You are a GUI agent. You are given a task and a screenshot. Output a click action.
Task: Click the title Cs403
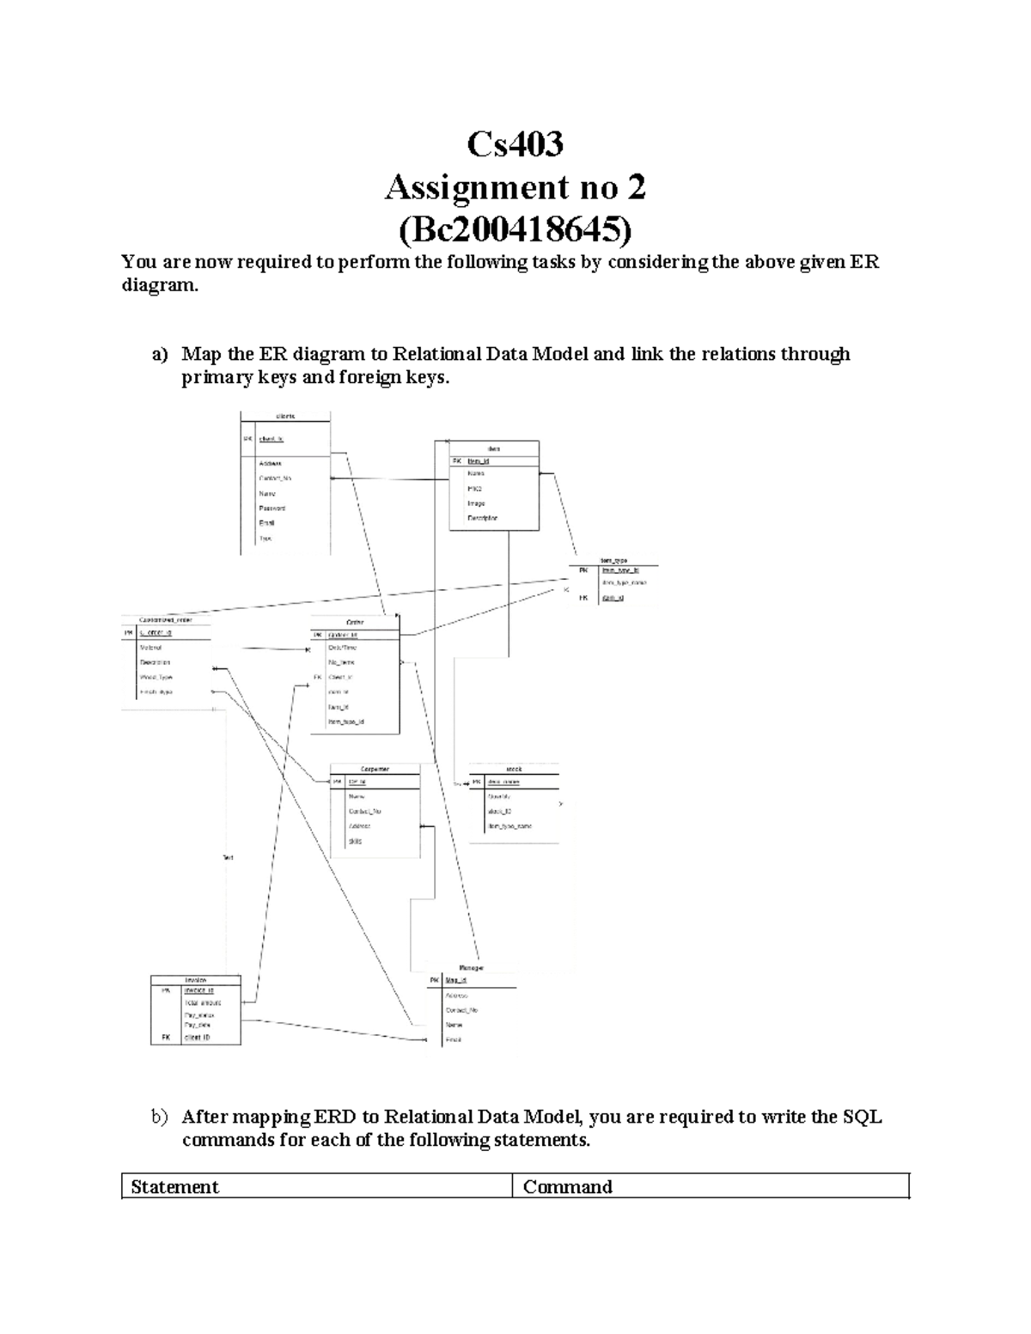click(515, 143)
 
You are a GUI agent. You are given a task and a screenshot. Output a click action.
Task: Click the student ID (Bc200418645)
click(515, 229)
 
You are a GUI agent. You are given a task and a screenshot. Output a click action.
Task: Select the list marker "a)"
click(159, 355)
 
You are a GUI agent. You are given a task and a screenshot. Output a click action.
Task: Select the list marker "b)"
click(159, 1118)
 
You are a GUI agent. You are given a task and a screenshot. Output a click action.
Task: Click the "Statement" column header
click(174, 1187)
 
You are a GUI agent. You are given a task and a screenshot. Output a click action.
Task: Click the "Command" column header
click(567, 1187)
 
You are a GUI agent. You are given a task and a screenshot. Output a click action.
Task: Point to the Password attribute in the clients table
click(271, 509)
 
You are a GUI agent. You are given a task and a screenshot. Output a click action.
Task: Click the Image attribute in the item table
click(476, 503)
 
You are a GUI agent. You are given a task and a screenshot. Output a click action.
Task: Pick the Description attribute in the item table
click(482, 518)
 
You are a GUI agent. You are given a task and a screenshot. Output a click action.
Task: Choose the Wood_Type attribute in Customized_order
click(156, 677)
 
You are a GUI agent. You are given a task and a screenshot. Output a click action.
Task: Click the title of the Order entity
click(355, 622)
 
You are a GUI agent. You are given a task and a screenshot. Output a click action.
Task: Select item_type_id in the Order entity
click(346, 722)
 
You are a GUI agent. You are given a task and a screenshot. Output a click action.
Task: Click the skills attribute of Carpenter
click(355, 841)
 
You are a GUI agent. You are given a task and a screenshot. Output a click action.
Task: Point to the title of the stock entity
click(514, 770)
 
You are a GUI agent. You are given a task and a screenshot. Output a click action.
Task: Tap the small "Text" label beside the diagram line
click(229, 857)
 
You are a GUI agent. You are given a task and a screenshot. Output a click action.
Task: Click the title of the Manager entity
click(471, 967)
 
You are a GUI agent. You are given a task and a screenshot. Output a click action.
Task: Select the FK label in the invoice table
click(166, 1037)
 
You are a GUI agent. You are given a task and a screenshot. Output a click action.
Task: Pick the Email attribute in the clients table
click(266, 523)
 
